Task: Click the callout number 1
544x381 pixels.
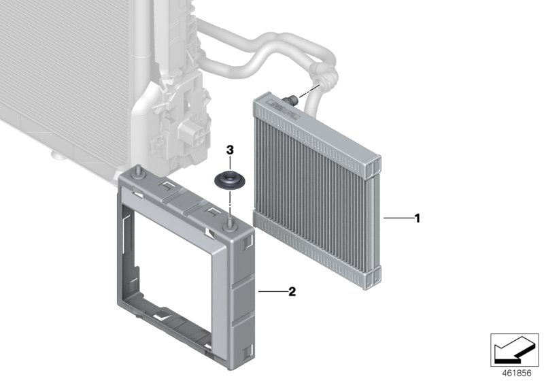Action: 418,218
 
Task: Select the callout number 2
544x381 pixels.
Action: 292,292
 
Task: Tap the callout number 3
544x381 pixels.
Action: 230,149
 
